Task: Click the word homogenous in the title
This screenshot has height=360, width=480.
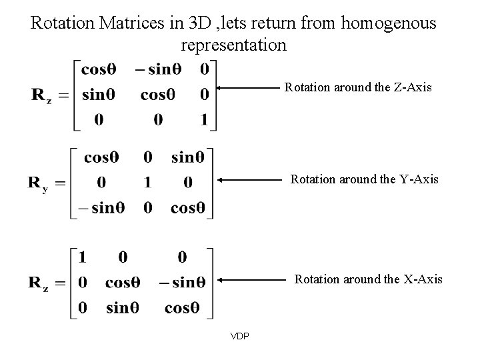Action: (x=387, y=24)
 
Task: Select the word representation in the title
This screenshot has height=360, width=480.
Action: (x=233, y=45)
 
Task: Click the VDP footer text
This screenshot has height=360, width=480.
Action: (x=240, y=336)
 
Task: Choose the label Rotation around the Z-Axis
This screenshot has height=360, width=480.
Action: (x=359, y=87)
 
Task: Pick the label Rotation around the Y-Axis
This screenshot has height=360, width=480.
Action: (x=364, y=179)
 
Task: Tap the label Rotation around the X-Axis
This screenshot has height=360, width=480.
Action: (x=369, y=279)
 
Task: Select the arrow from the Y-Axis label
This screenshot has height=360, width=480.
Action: (x=253, y=179)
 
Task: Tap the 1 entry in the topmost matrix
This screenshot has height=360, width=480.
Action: (x=204, y=120)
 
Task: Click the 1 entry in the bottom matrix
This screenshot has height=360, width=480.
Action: (x=83, y=257)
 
